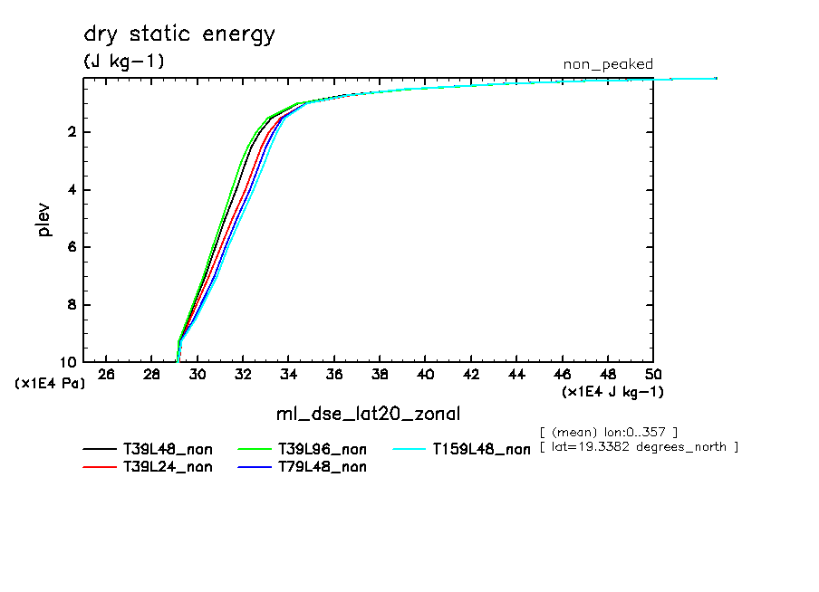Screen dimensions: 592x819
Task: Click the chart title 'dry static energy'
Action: coord(178,35)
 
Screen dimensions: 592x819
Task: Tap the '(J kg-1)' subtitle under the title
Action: coord(124,62)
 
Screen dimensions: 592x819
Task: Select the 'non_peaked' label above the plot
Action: coord(607,64)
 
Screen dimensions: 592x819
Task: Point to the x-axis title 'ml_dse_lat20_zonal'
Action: coord(368,415)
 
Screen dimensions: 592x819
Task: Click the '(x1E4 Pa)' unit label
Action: coord(50,384)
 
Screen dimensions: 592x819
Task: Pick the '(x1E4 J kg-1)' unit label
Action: coord(612,392)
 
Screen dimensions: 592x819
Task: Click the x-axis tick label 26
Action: coord(106,375)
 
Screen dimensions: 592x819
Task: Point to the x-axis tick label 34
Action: coord(288,375)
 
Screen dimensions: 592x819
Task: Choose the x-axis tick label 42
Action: coord(470,375)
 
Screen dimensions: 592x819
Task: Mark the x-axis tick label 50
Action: coord(652,375)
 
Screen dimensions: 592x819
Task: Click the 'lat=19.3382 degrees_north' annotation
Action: coord(639,447)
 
